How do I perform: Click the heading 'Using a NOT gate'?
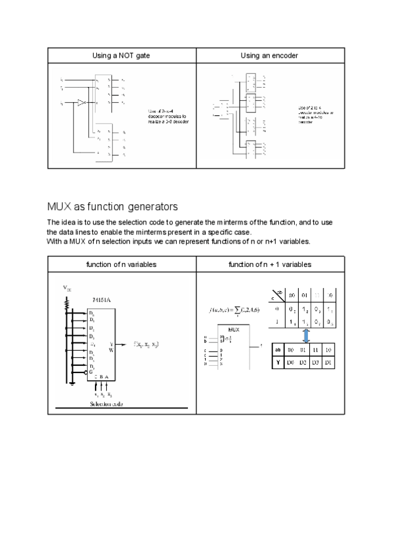(121, 56)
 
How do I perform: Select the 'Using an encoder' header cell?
(269, 56)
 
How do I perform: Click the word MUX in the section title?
(58, 207)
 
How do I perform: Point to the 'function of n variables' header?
(121, 264)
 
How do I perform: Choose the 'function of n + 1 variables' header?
(269, 264)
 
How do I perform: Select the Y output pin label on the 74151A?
(111, 343)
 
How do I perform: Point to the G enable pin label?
(90, 372)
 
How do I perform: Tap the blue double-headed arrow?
(306, 335)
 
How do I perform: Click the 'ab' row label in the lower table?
(278, 350)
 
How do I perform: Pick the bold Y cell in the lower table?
(278, 361)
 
